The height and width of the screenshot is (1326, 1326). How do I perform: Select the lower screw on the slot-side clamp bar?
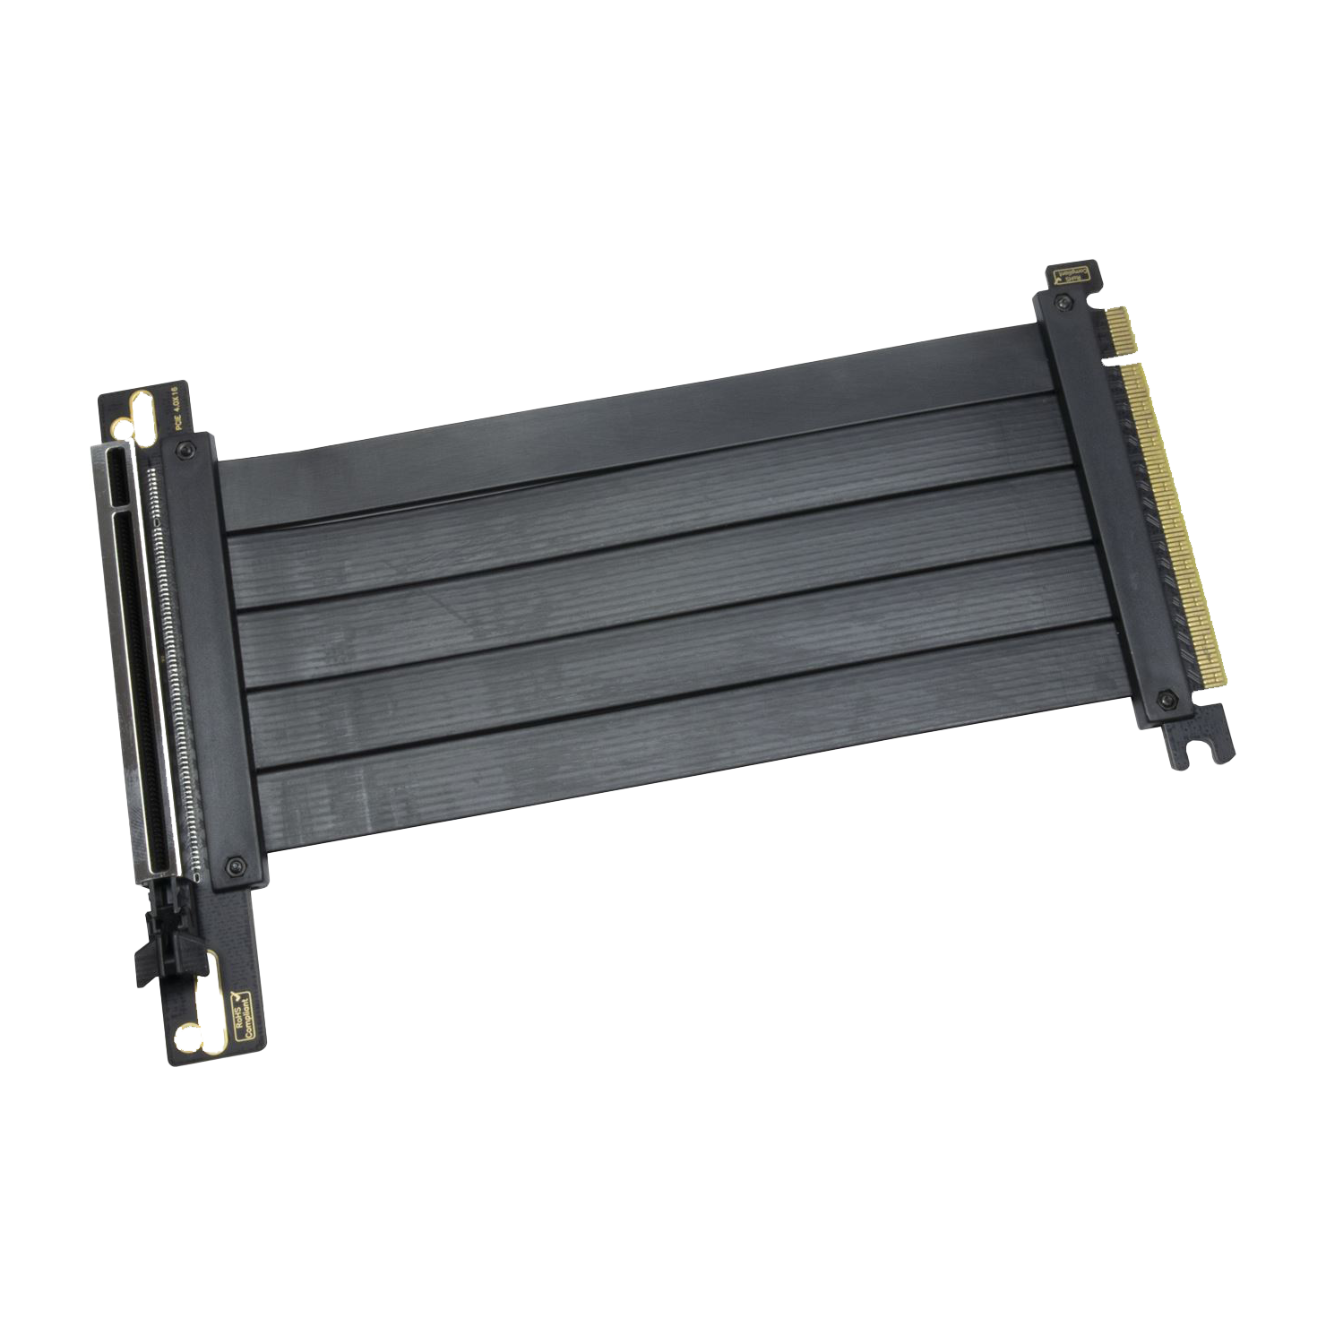click(236, 865)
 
